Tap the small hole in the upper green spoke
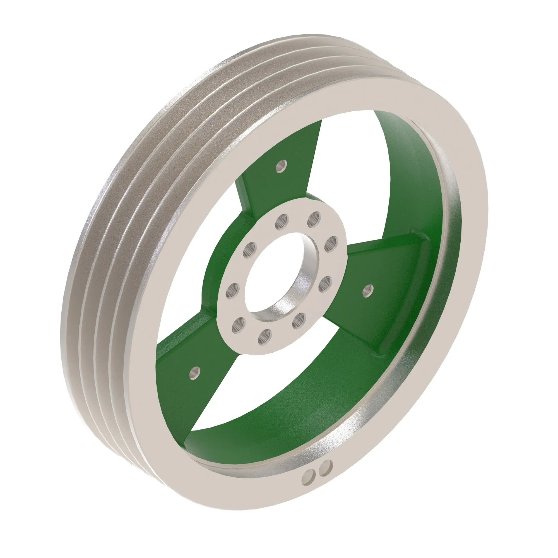click(281, 166)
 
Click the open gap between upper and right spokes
click(355, 185)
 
